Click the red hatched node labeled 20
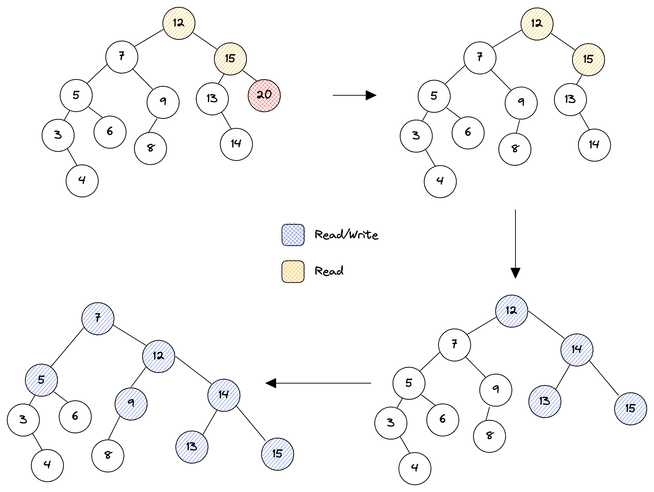(264, 96)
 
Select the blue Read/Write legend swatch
(293, 235)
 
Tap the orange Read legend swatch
(293, 271)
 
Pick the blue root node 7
(98, 319)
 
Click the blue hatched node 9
(131, 404)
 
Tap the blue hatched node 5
(41, 380)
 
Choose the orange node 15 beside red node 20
(230, 59)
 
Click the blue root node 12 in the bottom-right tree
(511, 311)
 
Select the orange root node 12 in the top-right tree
(537, 24)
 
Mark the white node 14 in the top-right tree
(594, 145)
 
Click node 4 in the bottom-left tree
(47, 465)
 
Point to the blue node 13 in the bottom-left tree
(191, 447)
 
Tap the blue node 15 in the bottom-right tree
(630, 409)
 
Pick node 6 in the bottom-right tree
(442, 420)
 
